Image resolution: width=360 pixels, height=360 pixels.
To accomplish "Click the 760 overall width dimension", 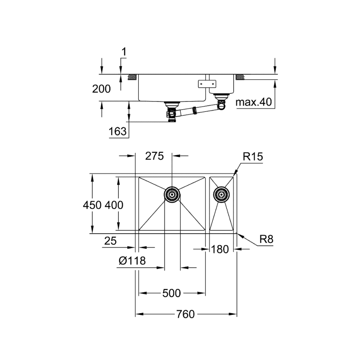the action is pos(186,314).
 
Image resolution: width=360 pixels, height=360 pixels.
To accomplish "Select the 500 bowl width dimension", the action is pos(172,293).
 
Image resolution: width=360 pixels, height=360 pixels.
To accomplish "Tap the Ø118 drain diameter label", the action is pos(132,260).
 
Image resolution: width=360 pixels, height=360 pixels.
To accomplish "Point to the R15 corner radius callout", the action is pos(253,156).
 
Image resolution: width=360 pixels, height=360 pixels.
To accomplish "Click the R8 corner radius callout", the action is pos(266,239).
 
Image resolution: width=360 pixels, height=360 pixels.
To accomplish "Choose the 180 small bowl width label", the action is pos(220,249).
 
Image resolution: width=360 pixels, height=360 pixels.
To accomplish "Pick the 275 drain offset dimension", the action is pos(154,156).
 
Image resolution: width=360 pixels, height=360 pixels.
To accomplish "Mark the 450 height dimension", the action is pos(92,205).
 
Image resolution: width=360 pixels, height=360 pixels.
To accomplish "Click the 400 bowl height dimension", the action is pos(114,205).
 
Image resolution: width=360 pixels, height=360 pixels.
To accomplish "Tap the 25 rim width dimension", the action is pos(110,241).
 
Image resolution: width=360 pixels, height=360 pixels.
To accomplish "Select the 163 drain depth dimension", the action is pos(118,132).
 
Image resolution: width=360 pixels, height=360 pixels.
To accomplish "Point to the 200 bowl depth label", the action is pos(101,89).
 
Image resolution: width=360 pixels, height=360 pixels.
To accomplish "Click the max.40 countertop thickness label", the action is pos(254,102).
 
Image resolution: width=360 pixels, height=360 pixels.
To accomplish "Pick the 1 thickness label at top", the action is pos(124,52).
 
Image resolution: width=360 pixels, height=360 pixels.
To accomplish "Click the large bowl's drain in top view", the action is pos(172,195).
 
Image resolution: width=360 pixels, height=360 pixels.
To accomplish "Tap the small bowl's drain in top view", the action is pos(221,195).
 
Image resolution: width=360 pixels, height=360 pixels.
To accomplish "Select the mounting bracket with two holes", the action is pos(207,84).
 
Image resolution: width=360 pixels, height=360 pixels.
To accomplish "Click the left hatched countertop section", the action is pos(132,77).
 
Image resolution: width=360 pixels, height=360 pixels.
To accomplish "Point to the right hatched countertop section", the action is pos(240,77).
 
